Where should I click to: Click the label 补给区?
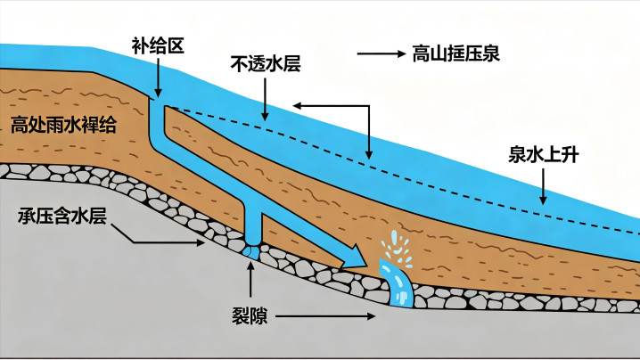tap(158, 45)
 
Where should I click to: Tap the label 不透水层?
tap(266, 63)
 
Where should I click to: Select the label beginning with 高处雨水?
tap(63, 125)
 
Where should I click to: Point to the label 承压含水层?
tap(62, 216)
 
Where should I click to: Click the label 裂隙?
tap(250, 316)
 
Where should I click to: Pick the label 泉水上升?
tap(543, 155)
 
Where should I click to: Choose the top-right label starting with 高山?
tap(455, 53)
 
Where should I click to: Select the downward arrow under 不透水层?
tap(266, 99)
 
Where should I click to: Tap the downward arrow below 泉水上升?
tap(543, 186)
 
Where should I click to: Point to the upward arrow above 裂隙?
tap(250, 280)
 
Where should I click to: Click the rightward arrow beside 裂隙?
tap(325, 316)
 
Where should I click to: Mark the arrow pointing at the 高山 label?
tap(382, 53)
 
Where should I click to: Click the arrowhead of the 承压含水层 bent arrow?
tap(200, 242)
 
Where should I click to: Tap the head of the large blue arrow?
tap(354, 258)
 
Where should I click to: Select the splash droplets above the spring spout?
tap(396, 249)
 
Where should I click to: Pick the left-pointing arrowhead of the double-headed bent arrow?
tap(298, 106)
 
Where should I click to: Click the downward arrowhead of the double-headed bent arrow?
tap(369, 155)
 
